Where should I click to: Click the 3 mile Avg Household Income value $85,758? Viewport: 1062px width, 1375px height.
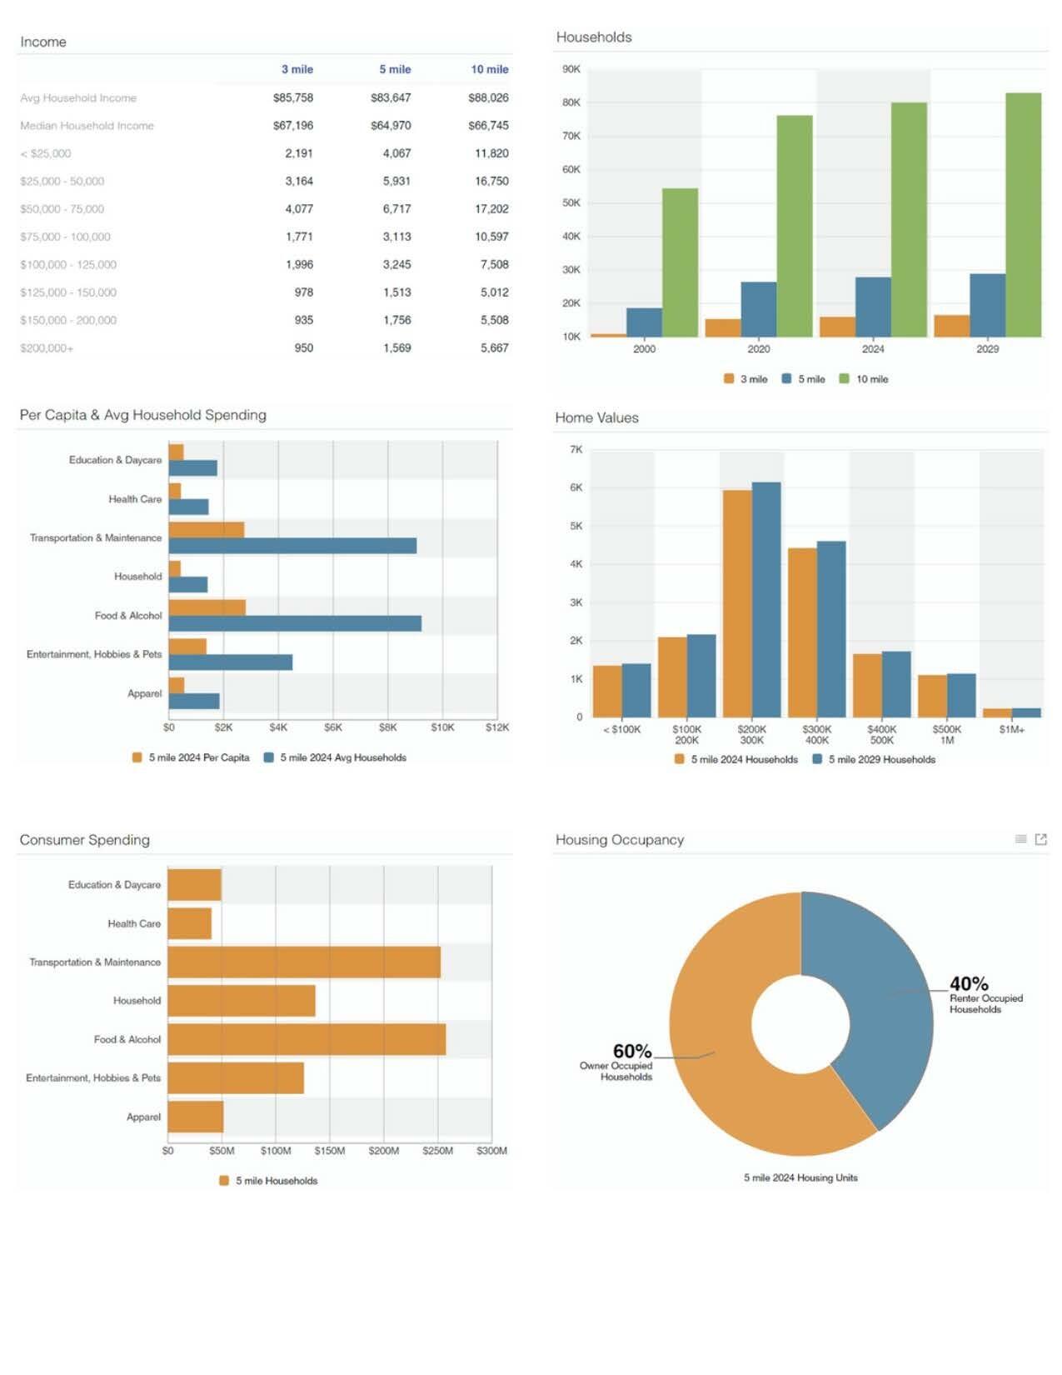click(293, 97)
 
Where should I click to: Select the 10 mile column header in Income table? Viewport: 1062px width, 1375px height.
click(489, 69)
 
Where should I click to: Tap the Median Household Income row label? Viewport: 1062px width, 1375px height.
click(87, 126)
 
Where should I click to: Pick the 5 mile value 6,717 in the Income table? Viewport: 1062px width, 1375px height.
click(396, 209)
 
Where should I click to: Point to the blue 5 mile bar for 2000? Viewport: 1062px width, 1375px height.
click(644, 322)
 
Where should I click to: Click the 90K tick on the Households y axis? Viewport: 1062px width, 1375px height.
click(571, 69)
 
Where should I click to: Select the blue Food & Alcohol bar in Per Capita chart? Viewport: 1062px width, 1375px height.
click(295, 623)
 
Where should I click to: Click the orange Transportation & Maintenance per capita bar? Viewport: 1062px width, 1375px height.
click(206, 530)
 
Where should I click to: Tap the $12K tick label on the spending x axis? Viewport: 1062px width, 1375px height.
click(497, 727)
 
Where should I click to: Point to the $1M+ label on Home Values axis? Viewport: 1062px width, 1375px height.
click(1011, 730)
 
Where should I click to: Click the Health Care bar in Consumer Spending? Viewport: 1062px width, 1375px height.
click(189, 923)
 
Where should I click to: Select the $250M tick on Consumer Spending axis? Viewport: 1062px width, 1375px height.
click(437, 1151)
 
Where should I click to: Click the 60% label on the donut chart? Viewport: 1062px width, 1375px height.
click(632, 1051)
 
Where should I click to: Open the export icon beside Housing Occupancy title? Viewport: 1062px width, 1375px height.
click(1040, 839)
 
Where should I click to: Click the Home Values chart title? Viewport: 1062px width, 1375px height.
click(596, 417)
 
